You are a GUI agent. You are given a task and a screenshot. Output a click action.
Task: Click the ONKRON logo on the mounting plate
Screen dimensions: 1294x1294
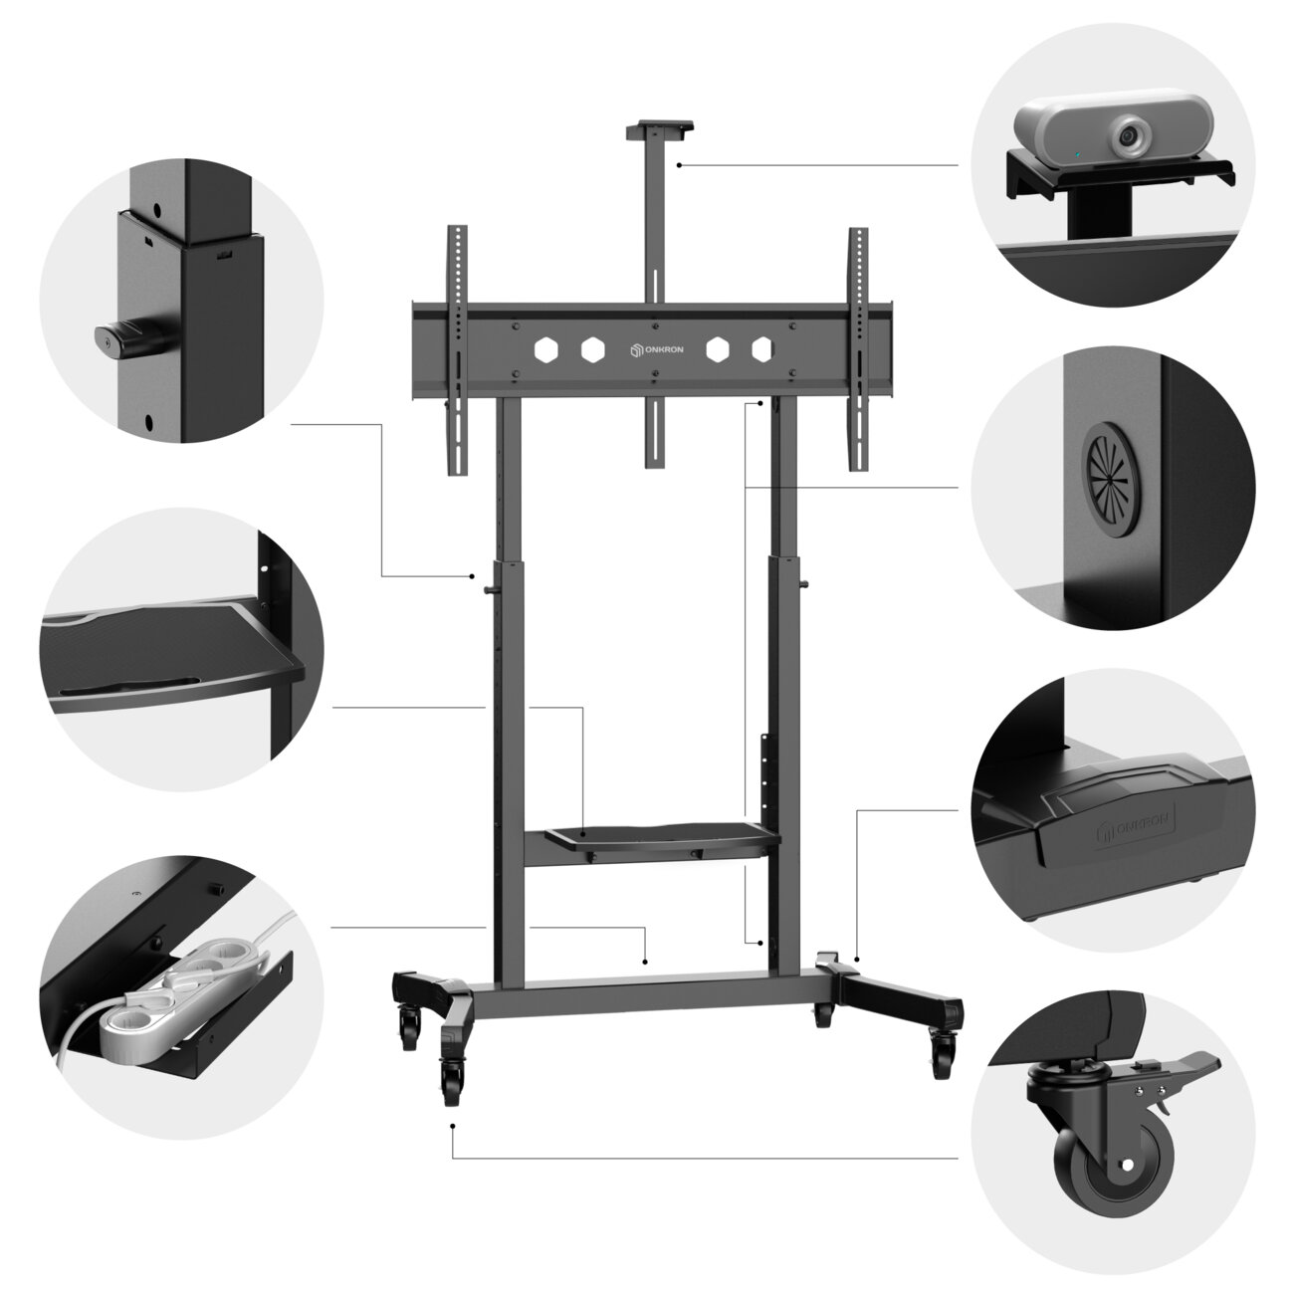pyautogui.click(x=656, y=349)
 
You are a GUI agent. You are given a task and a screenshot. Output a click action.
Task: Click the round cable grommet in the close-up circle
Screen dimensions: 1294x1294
pyautogui.click(x=1111, y=479)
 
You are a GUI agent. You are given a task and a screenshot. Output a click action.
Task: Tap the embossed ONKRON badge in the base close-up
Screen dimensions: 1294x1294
pyautogui.click(x=1135, y=822)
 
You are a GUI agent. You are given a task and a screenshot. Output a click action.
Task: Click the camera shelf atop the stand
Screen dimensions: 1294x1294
pyautogui.click(x=659, y=127)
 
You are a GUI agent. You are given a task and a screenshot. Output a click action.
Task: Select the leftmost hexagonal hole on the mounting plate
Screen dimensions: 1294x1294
pyautogui.click(x=545, y=349)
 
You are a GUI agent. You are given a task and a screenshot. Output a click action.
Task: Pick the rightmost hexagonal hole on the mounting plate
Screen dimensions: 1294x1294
pyautogui.click(x=761, y=349)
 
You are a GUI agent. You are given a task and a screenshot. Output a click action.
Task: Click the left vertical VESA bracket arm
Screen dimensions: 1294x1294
pyautogui.click(x=457, y=349)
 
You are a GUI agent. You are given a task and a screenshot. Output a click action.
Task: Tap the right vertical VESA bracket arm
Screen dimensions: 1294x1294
pyautogui.click(x=858, y=349)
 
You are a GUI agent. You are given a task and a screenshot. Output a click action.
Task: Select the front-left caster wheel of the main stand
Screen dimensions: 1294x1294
pyautogui.click(x=451, y=1080)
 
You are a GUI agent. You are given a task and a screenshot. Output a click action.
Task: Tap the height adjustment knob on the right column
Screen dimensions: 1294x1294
pyautogui.click(x=804, y=583)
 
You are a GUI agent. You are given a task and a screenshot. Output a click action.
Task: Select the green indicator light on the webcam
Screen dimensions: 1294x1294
pyautogui.click(x=1076, y=155)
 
